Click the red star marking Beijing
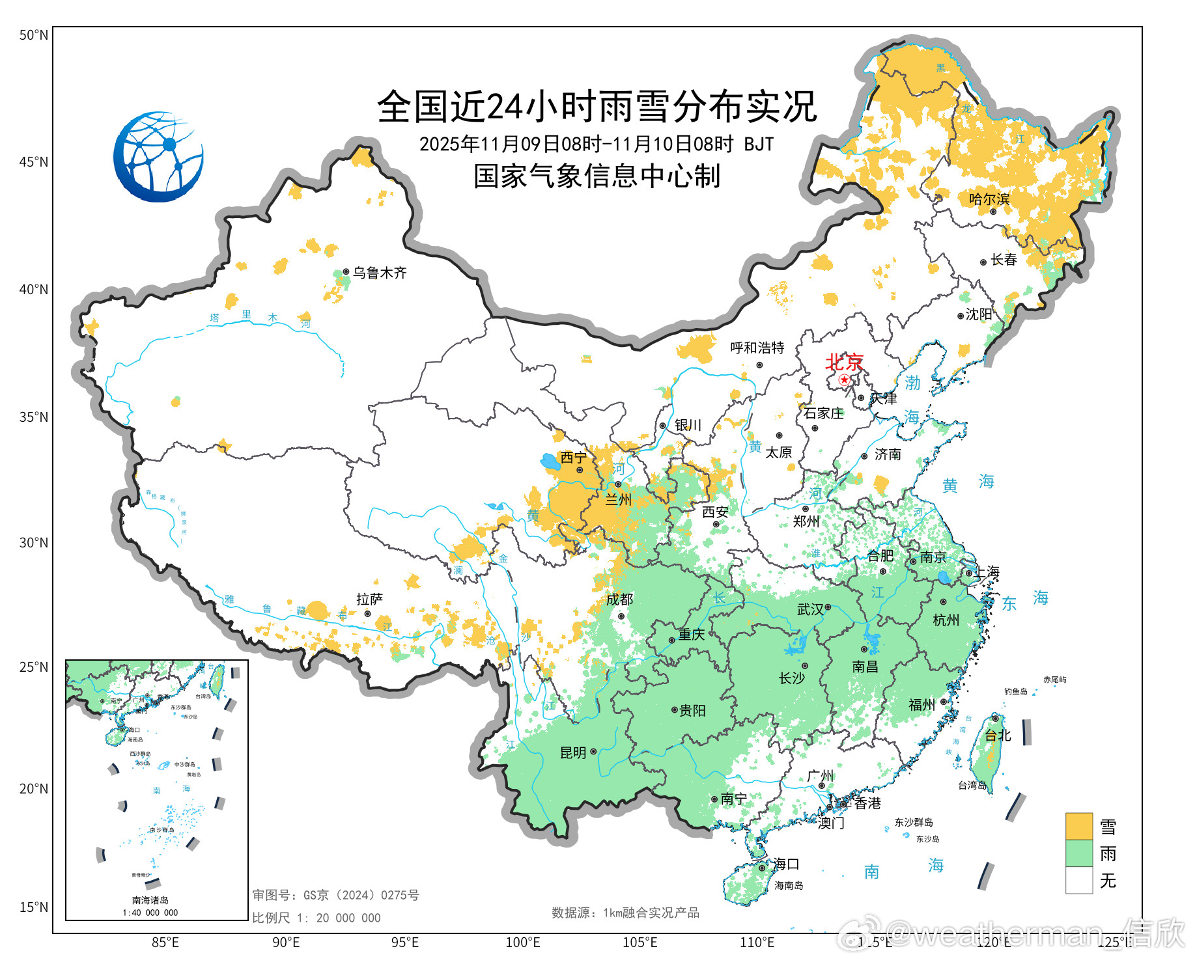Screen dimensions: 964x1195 (x=844, y=379)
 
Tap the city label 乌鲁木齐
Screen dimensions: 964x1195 (x=380, y=273)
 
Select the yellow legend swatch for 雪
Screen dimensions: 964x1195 (x=1078, y=826)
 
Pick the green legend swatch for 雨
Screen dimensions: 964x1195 (x=1078, y=853)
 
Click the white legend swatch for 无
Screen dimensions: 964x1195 (x=1078, y=881)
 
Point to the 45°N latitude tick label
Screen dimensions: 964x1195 (x=33, y=161)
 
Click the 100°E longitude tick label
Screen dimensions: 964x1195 (x=523, y=942)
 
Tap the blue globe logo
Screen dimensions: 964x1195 (x=158, y=157)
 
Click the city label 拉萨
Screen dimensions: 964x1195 (x=369, y=599)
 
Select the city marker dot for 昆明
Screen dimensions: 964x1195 (x=593, y=752)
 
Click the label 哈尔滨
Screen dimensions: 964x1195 (x=989, y=199)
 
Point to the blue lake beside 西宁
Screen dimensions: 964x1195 (x=550, y=462)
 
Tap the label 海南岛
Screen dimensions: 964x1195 (x=789, y=885)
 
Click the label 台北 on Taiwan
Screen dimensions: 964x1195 (x=997, y=736)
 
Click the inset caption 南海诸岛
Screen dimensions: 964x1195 (x=150, y=900)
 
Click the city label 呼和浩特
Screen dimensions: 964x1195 (x=757, y=348)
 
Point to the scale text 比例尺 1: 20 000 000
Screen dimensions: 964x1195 (x=316, y=918)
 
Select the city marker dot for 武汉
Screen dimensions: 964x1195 (x=828, y=607)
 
